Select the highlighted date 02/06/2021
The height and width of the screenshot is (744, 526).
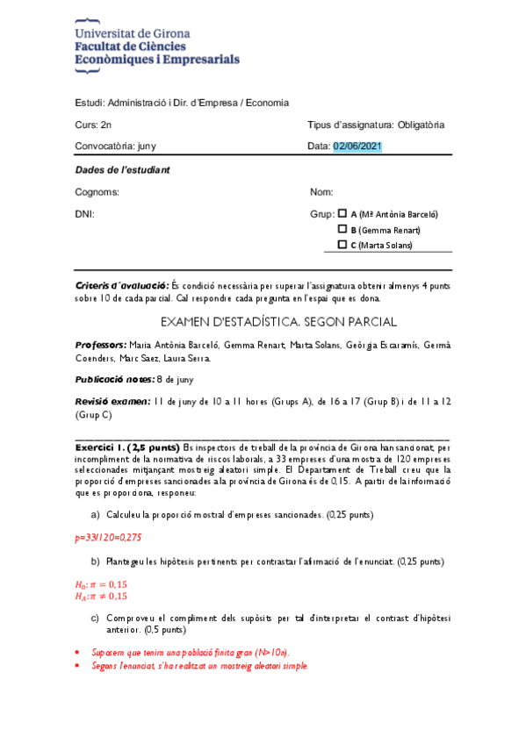click(x=357, y=146)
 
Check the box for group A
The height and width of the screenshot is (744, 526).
click(x=342, y=213)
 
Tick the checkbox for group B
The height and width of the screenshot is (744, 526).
click(x=342, y=229)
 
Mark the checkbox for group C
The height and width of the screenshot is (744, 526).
click(x=342, y=245)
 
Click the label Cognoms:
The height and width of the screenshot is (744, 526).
click(x=97, y=191)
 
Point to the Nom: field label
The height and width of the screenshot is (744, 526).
click(x=321, y=191)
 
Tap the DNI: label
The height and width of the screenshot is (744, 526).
click(x=85, y=213)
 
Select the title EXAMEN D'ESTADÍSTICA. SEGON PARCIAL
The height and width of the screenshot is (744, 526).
click(x=263, y=321)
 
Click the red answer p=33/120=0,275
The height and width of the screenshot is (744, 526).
click(x=109, y=536)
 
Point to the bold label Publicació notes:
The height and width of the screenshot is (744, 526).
click(x=114, y=379)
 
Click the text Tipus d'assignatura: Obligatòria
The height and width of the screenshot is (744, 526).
click(x=376, y=125)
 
